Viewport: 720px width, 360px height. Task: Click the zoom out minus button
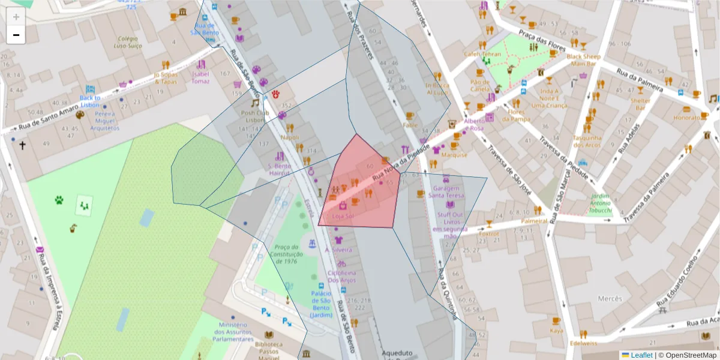pos(16,35)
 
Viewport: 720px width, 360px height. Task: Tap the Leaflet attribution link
pos(641,355)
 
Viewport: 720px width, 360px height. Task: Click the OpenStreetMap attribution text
pos(689,355)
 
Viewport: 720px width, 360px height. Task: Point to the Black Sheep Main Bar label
pos(584,60)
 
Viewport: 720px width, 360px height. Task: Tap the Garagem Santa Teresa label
pos(446,191)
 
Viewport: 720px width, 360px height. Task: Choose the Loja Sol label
pos(343,215)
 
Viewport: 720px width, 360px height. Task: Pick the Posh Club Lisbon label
pos(252,116)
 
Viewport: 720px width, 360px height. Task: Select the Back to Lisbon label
pos(89,101)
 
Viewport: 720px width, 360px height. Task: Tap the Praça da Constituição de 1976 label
pos(286,254)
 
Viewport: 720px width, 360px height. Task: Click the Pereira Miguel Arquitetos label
pos(105,121)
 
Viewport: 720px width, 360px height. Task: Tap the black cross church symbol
pos(23,145)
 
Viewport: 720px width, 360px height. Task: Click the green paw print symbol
pos(59,200)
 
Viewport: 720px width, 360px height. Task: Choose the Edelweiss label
pos(583,343)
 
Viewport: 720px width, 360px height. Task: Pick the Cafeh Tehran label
pos(482,54)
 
